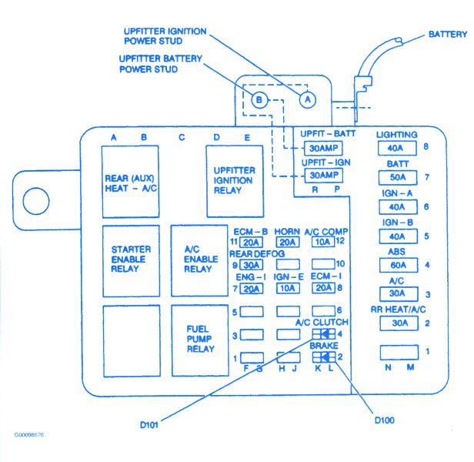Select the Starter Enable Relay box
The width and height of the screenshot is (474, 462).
click(x=131, y=260)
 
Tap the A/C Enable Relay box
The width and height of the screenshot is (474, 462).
click(x=199, y=260)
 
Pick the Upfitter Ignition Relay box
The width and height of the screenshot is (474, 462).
click(x=233, y=180)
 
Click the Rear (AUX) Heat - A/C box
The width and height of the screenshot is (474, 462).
click(x=131, y=184)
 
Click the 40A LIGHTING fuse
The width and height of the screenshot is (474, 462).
click(x=398, y=149)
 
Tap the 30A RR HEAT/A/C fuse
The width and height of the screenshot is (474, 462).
click(x=398, y=323)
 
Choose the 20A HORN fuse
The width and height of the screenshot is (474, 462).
click(x=287, y=243)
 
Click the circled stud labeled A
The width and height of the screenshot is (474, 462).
click(x=307, y=99)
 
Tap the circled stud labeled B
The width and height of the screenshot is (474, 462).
click(x=259, y=100)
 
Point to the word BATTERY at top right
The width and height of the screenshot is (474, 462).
click(x=448, y=35)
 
